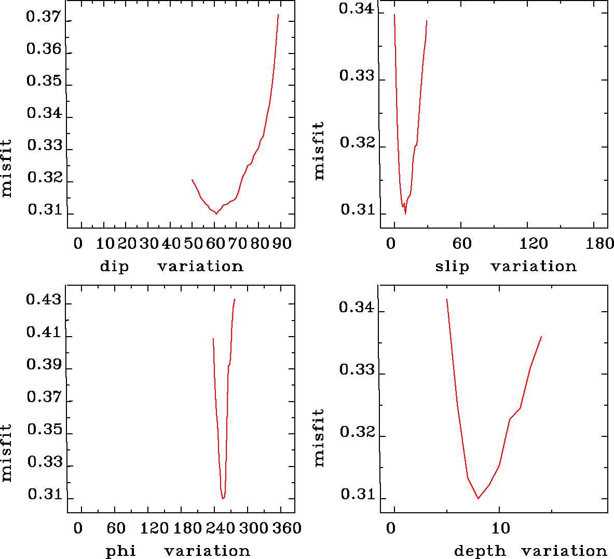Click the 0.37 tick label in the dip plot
pyautogui.click(x=44, y=17)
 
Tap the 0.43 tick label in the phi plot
pyautogui.click(x=44, y=301)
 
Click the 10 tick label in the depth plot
pyautogui.click(x=501, y=528)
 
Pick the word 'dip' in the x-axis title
pyautogui.click(x=114, y=267)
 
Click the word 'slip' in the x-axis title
pyautogui.click(x=452, y=267)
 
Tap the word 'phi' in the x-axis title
pyautogui.click(x=121, y=551)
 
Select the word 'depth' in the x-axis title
pyautogui.click(x=480, y=551)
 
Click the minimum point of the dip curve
pyautogui.click(x=216, y=214)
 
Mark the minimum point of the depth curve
pyautogui.click(x=478, y=498)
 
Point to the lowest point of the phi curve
pyautogui.click(x=223, y=498)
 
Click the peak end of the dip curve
pyautogui.click(x=279, y=15)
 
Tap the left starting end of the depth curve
pyautogui.click(x=446, y=299)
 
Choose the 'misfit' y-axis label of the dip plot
pyautogui.click(x=6, y=168)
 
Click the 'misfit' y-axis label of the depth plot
pyautogui.click(x=319, y=437)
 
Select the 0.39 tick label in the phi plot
pyautogui.click(x=44, y=365)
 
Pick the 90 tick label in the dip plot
pyautogui.click(x=282, y=244)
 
